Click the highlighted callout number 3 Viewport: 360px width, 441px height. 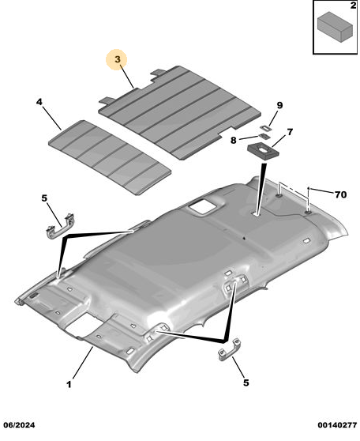click(117, 59)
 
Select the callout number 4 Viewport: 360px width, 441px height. click(39, 102)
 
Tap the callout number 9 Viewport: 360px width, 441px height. click(279, 105)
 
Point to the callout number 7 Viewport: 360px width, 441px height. click(290, 132)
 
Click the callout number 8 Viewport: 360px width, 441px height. click(234, 140)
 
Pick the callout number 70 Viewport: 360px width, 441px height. click(340, 194)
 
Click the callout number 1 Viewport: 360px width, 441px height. click(69, 384)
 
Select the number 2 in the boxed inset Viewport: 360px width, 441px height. click(353, 5)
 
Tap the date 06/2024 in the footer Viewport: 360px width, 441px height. click(19, 424)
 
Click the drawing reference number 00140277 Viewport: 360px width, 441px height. click(337, 424)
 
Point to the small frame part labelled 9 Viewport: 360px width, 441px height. click(265, 128)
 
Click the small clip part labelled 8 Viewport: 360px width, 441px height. click(264, 137)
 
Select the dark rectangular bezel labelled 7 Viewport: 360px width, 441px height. click(263, 151)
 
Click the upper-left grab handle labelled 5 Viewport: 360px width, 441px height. click(60, 226)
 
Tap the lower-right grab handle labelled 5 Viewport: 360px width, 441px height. click(229, 349)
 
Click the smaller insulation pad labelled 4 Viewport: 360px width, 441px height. click(110, 157)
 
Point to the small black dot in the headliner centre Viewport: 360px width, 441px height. click(244, 239)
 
